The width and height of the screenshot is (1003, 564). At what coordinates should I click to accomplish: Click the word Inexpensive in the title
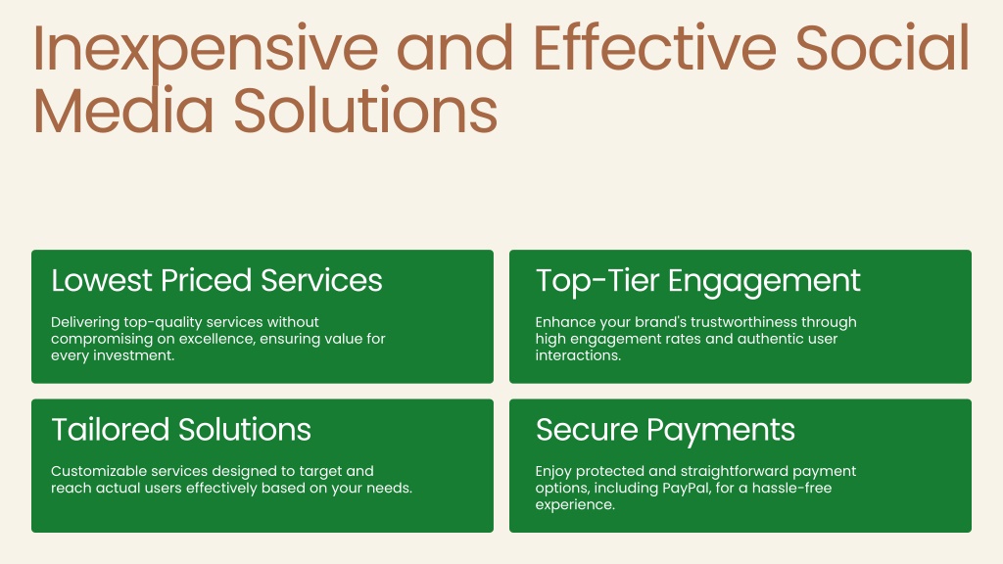click(x=206, y=49)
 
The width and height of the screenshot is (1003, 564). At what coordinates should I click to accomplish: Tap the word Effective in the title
click(x=654, y=48)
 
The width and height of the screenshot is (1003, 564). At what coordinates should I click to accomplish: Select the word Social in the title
click(x=884, y=48)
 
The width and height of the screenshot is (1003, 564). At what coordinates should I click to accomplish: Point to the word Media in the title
click(x=122, y=110)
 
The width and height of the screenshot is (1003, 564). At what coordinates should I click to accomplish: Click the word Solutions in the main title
click(x=365, y=110)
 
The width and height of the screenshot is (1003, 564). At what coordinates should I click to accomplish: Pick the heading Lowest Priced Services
click(x=216, y=281)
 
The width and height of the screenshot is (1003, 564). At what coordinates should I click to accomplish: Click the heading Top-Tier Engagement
click(x=697, y=282)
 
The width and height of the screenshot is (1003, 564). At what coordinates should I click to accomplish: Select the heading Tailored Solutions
click(x=181, y=430)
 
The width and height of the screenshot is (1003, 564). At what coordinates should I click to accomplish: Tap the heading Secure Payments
click(x=665, y=431)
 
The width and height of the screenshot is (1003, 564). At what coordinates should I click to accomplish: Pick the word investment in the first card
click(x=133, y=355)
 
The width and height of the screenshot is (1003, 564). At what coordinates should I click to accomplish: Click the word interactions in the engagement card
click(x=578, y=355)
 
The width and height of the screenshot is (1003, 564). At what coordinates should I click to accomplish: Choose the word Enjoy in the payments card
click(x=553, y=472)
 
